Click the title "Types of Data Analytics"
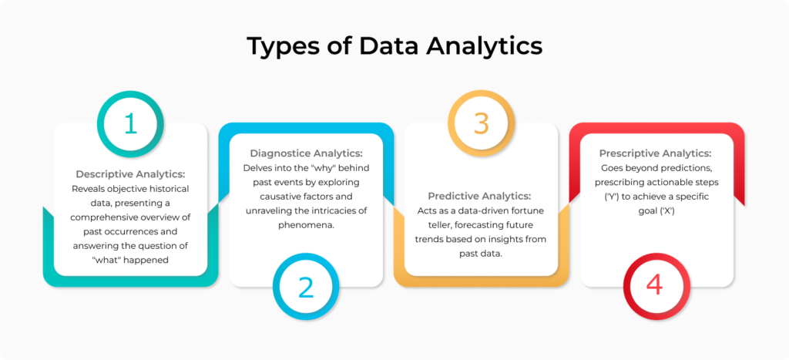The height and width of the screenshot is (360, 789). [394, 46]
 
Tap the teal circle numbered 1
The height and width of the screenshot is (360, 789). [131, 123]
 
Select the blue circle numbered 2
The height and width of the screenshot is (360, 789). [306, 286]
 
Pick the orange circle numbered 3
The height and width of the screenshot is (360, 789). [481, 123]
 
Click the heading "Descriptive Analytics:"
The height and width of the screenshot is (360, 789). [131, 174]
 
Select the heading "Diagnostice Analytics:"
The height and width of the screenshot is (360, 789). [306, 153]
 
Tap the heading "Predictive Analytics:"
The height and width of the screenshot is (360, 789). [481, 196]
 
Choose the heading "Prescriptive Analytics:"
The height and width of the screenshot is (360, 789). [655, 153]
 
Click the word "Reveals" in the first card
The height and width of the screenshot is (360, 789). [90, 189]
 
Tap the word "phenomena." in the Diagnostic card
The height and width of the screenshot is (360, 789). [306, 226]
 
